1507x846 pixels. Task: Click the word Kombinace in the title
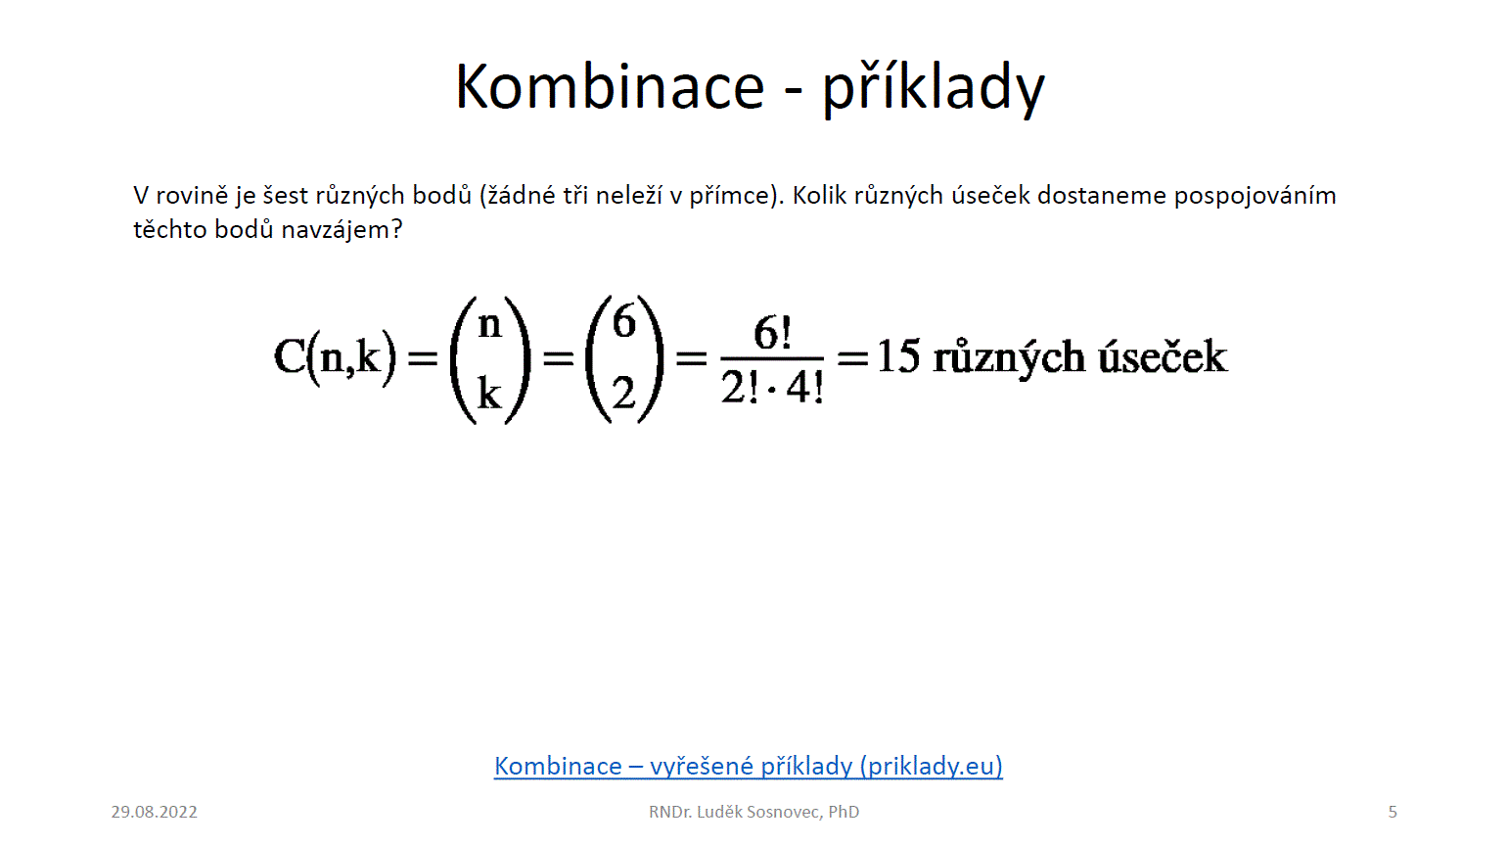611,87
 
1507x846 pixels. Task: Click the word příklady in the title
934,89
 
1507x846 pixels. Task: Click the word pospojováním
1256,196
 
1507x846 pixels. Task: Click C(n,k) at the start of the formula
335,357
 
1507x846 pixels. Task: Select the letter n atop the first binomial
489,325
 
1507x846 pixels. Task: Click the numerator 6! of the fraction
772,333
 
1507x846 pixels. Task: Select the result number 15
898,355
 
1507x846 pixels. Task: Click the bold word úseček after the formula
1163,355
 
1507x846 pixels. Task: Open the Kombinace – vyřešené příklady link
748,766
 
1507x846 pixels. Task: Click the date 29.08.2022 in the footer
154,812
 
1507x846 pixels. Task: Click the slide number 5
1393,812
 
